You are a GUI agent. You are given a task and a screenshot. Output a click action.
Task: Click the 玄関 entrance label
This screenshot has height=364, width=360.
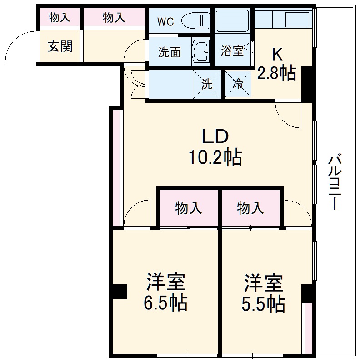click(60, 46)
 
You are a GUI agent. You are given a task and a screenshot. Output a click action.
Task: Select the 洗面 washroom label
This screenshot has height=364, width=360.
click(169, 52)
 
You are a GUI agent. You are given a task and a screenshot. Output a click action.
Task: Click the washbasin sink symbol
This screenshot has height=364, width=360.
click(200, 51)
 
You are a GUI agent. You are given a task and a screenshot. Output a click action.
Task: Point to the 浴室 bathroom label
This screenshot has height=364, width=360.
click(232, 51)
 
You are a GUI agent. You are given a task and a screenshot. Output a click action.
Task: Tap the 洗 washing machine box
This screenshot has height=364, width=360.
click(207, 84)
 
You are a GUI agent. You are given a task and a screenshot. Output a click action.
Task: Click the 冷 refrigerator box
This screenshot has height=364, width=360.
click(238, 84)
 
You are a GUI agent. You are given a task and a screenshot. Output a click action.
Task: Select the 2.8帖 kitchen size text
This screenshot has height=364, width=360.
click(277, 73)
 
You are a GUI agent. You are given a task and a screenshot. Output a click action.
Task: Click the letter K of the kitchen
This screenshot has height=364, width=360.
click(277, 55)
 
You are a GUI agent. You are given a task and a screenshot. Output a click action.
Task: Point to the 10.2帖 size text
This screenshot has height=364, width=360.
click(215, 157)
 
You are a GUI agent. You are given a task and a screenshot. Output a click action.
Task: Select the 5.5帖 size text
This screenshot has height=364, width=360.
click(263, 304)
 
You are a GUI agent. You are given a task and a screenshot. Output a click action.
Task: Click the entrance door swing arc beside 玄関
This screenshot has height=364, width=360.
click(20, 45)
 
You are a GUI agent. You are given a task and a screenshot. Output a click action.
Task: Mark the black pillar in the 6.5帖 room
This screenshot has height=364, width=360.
click(120, 292)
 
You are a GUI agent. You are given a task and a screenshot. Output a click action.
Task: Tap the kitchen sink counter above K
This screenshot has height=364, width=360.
click(284, 20)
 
